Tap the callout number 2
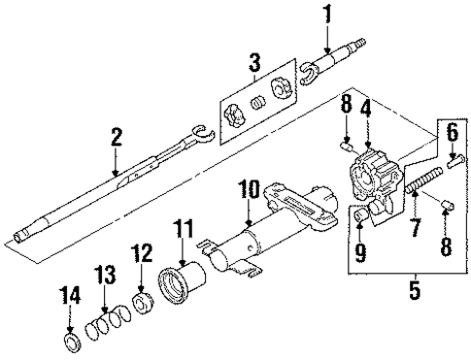pos(116,139)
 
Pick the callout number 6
pos(452,132)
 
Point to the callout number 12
pos(143,253)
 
